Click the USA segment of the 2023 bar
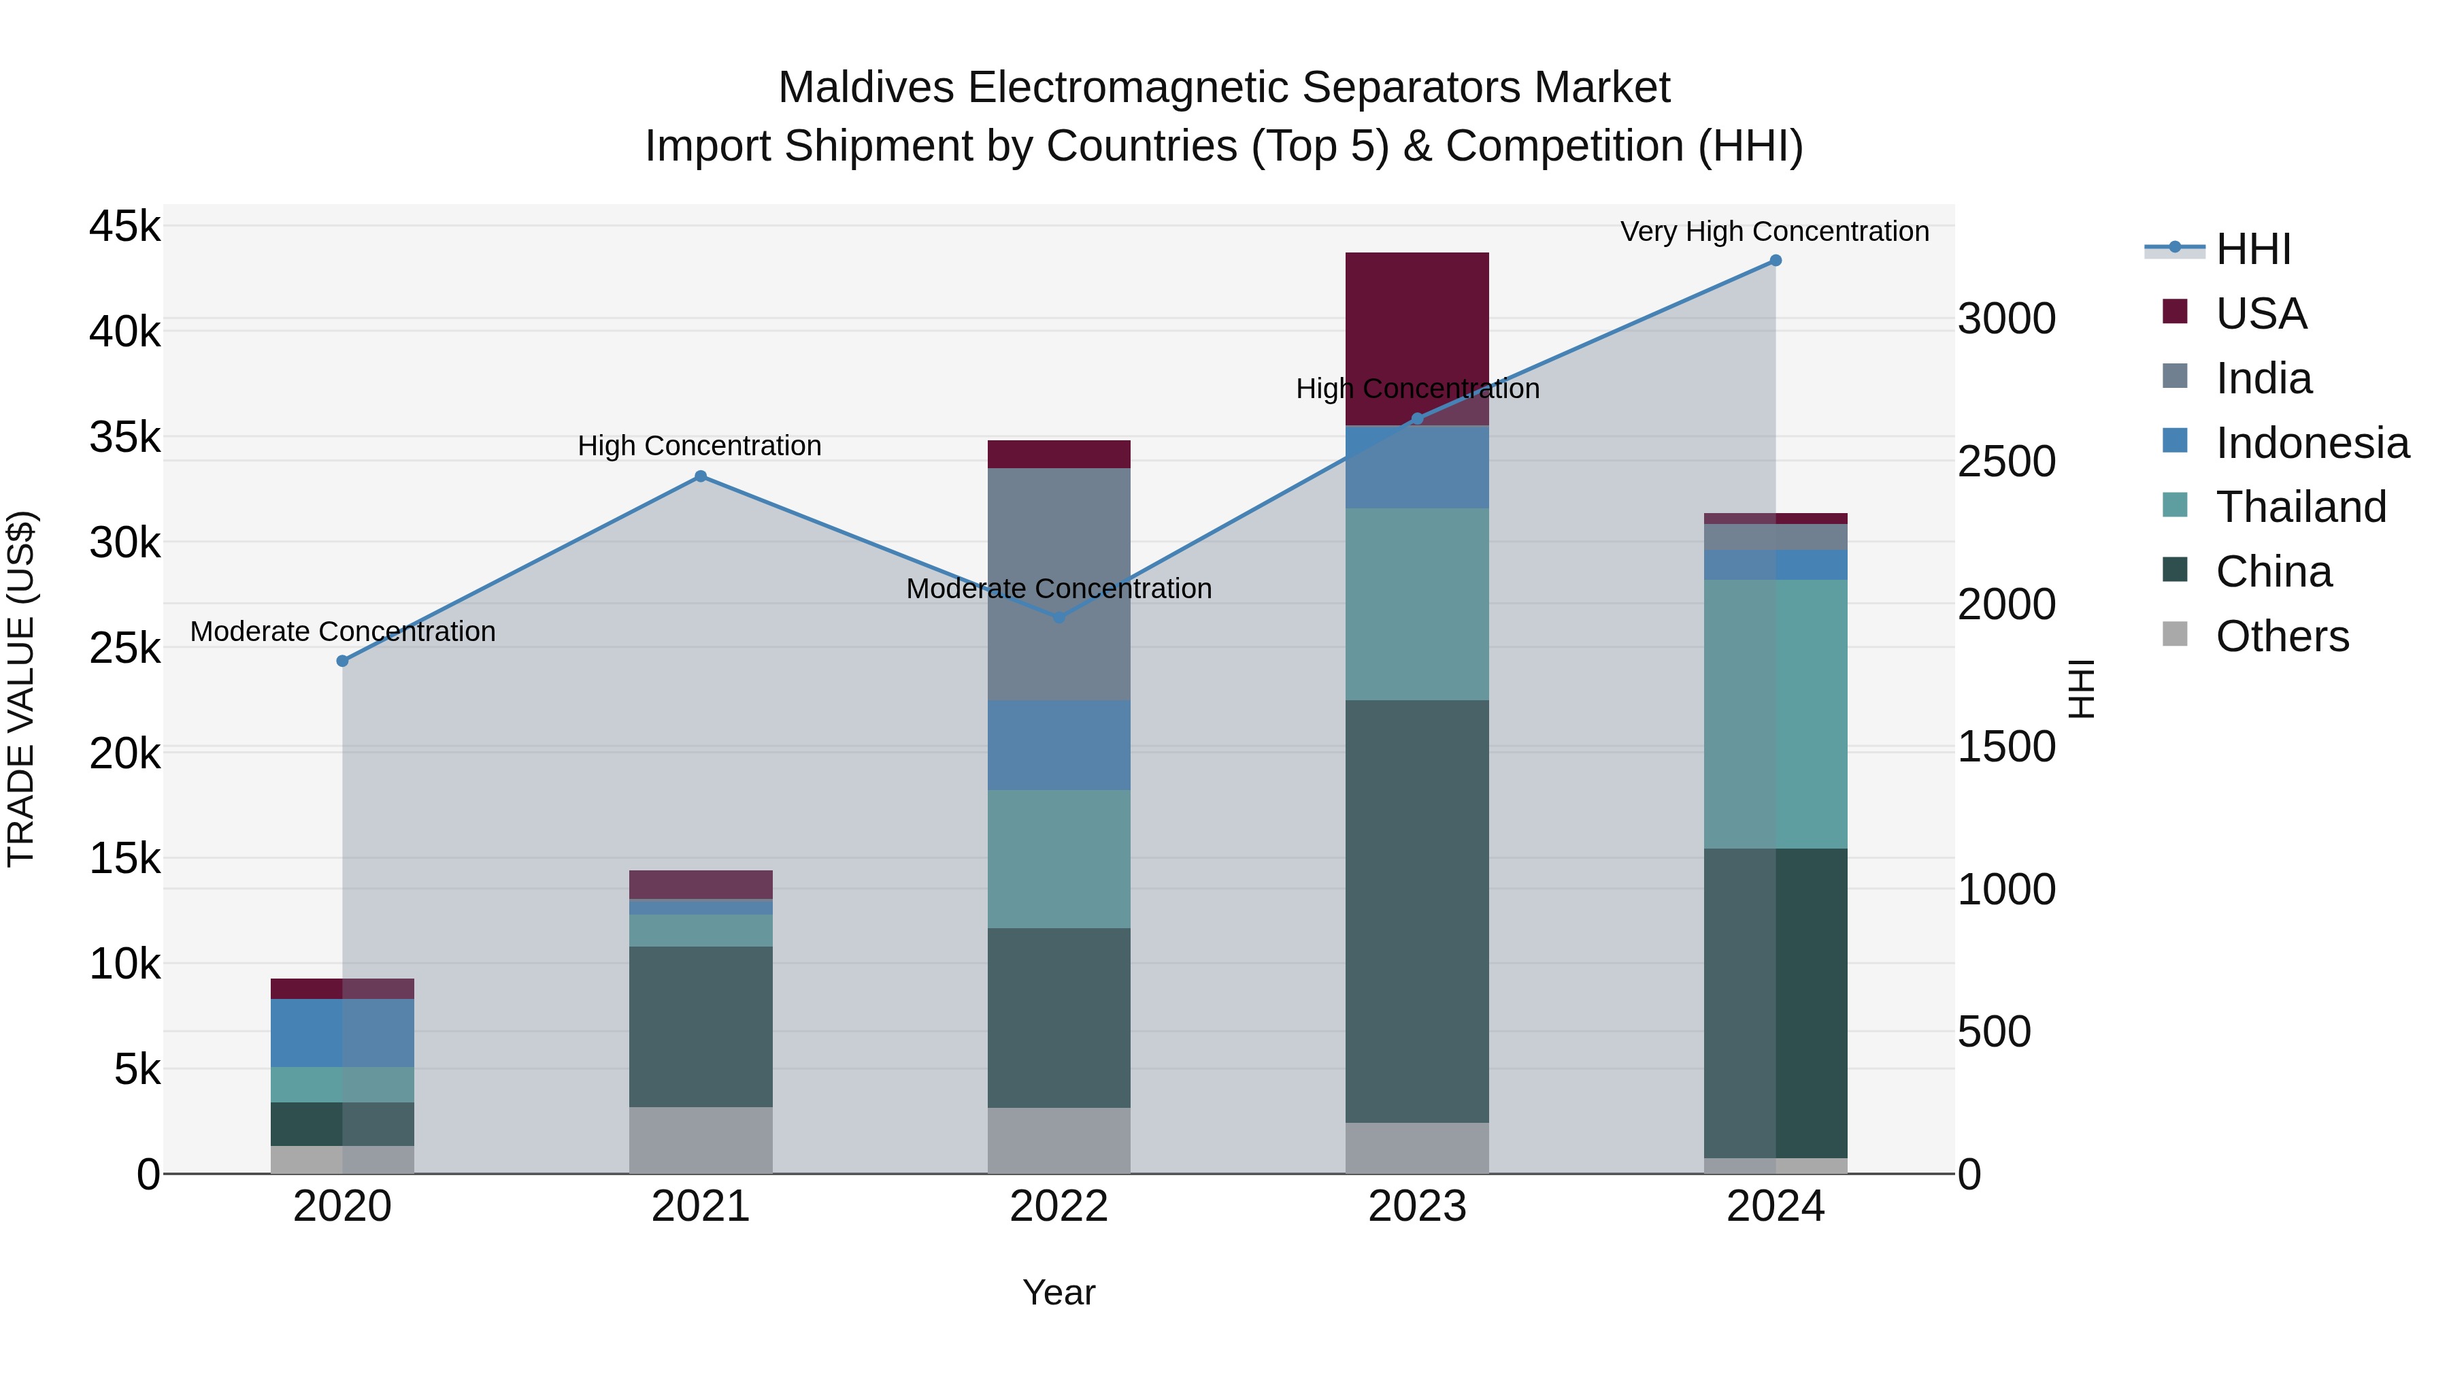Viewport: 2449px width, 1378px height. [x=1416, y=323]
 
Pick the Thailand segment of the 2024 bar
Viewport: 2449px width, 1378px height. [x=1775, y=713]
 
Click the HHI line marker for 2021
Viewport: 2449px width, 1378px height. [x=701, y=476]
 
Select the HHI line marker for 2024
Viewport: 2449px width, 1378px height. [x=1775, y=261]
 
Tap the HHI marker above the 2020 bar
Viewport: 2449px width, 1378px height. [x=342, y=661]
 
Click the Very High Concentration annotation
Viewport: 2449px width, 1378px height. [x=1774, y=232]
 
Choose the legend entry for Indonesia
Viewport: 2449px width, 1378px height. [x=2311, y=443]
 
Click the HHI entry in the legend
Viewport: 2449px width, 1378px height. [x=2252, y=250]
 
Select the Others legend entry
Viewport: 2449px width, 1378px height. [x=2281, y=636]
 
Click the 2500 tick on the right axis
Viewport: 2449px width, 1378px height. [x=2006, y=462]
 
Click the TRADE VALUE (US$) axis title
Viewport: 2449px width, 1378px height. [x=22, y=689]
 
